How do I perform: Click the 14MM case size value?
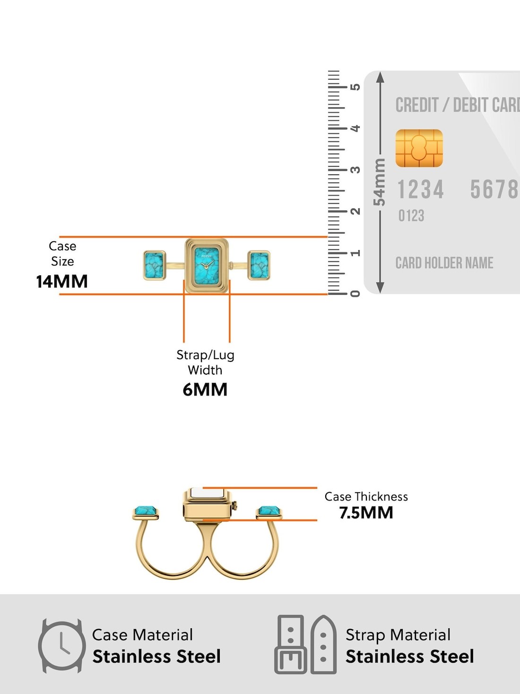coord(62,281)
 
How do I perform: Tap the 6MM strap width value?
coord(205,389)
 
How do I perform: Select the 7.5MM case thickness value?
coord(366,512)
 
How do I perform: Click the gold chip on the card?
coord(419,148)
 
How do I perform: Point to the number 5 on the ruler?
coord(355,87)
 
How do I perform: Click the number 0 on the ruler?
coord(355,294)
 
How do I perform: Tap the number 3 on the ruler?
coord(355,170)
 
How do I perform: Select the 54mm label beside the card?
coord(380,182)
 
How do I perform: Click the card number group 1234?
coord(420,189)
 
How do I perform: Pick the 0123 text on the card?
coord(411,216)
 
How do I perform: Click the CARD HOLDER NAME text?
coord(444,263)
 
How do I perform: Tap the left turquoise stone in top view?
coord(155,265)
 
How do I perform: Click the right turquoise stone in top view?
coord(259,265)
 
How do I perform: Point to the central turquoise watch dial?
coord(207,266)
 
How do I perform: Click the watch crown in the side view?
coord(235,506)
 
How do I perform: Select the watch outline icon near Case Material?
coord(62,646)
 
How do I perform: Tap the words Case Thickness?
coord(366,497)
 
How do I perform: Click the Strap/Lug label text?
coord(205,355)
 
